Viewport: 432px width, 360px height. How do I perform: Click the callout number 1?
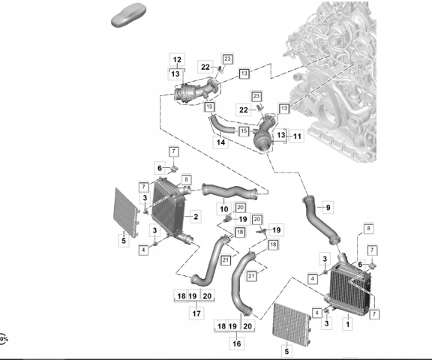(x=348, y=325)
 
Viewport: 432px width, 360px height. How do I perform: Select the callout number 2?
(x=196, y=217)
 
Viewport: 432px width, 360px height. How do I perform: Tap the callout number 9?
(x=328, y=208)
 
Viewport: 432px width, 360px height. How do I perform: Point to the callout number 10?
(x=224, y=209)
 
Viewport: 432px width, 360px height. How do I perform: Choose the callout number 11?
(x=297, y=136)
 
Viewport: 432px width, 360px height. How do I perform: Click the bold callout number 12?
(x=177, y=59)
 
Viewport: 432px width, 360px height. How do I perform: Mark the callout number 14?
(x=220, y=142)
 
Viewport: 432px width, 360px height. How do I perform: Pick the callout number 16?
(x=237, y=343)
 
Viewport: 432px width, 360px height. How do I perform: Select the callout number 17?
(x=196, y=313)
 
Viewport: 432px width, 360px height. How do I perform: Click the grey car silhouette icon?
(x=128, y=16)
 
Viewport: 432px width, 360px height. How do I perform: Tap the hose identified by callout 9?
(x=320, y=220)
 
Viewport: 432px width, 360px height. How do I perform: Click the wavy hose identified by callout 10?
(x=229, y=192)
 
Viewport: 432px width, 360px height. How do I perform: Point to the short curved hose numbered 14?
(x=221, y=126)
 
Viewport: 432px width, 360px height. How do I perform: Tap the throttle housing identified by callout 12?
(x=196, y=91)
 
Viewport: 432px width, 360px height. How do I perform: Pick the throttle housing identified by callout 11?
(x=264, y=133)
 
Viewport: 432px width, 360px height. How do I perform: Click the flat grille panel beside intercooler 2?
(x=126, y=213)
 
